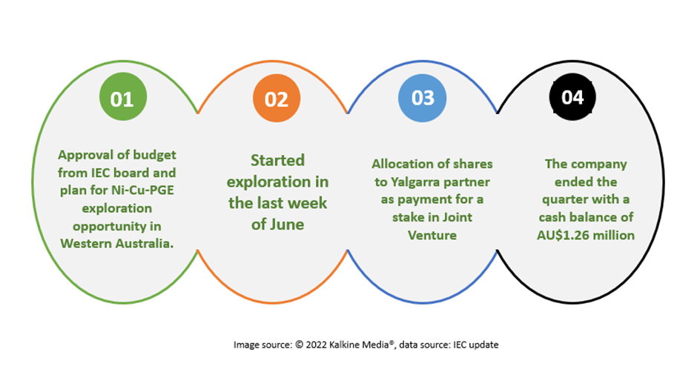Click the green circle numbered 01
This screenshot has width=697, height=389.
123,97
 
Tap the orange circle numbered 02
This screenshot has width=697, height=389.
277,98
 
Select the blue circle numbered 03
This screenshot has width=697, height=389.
423,98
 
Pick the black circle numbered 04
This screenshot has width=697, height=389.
572,97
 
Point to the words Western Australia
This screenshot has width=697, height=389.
117,243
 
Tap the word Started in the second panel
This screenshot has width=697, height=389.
278,160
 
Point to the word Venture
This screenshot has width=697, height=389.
432,235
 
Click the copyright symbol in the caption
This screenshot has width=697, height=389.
299,345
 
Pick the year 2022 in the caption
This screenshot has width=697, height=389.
316,345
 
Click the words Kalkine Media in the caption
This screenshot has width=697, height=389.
359,345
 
